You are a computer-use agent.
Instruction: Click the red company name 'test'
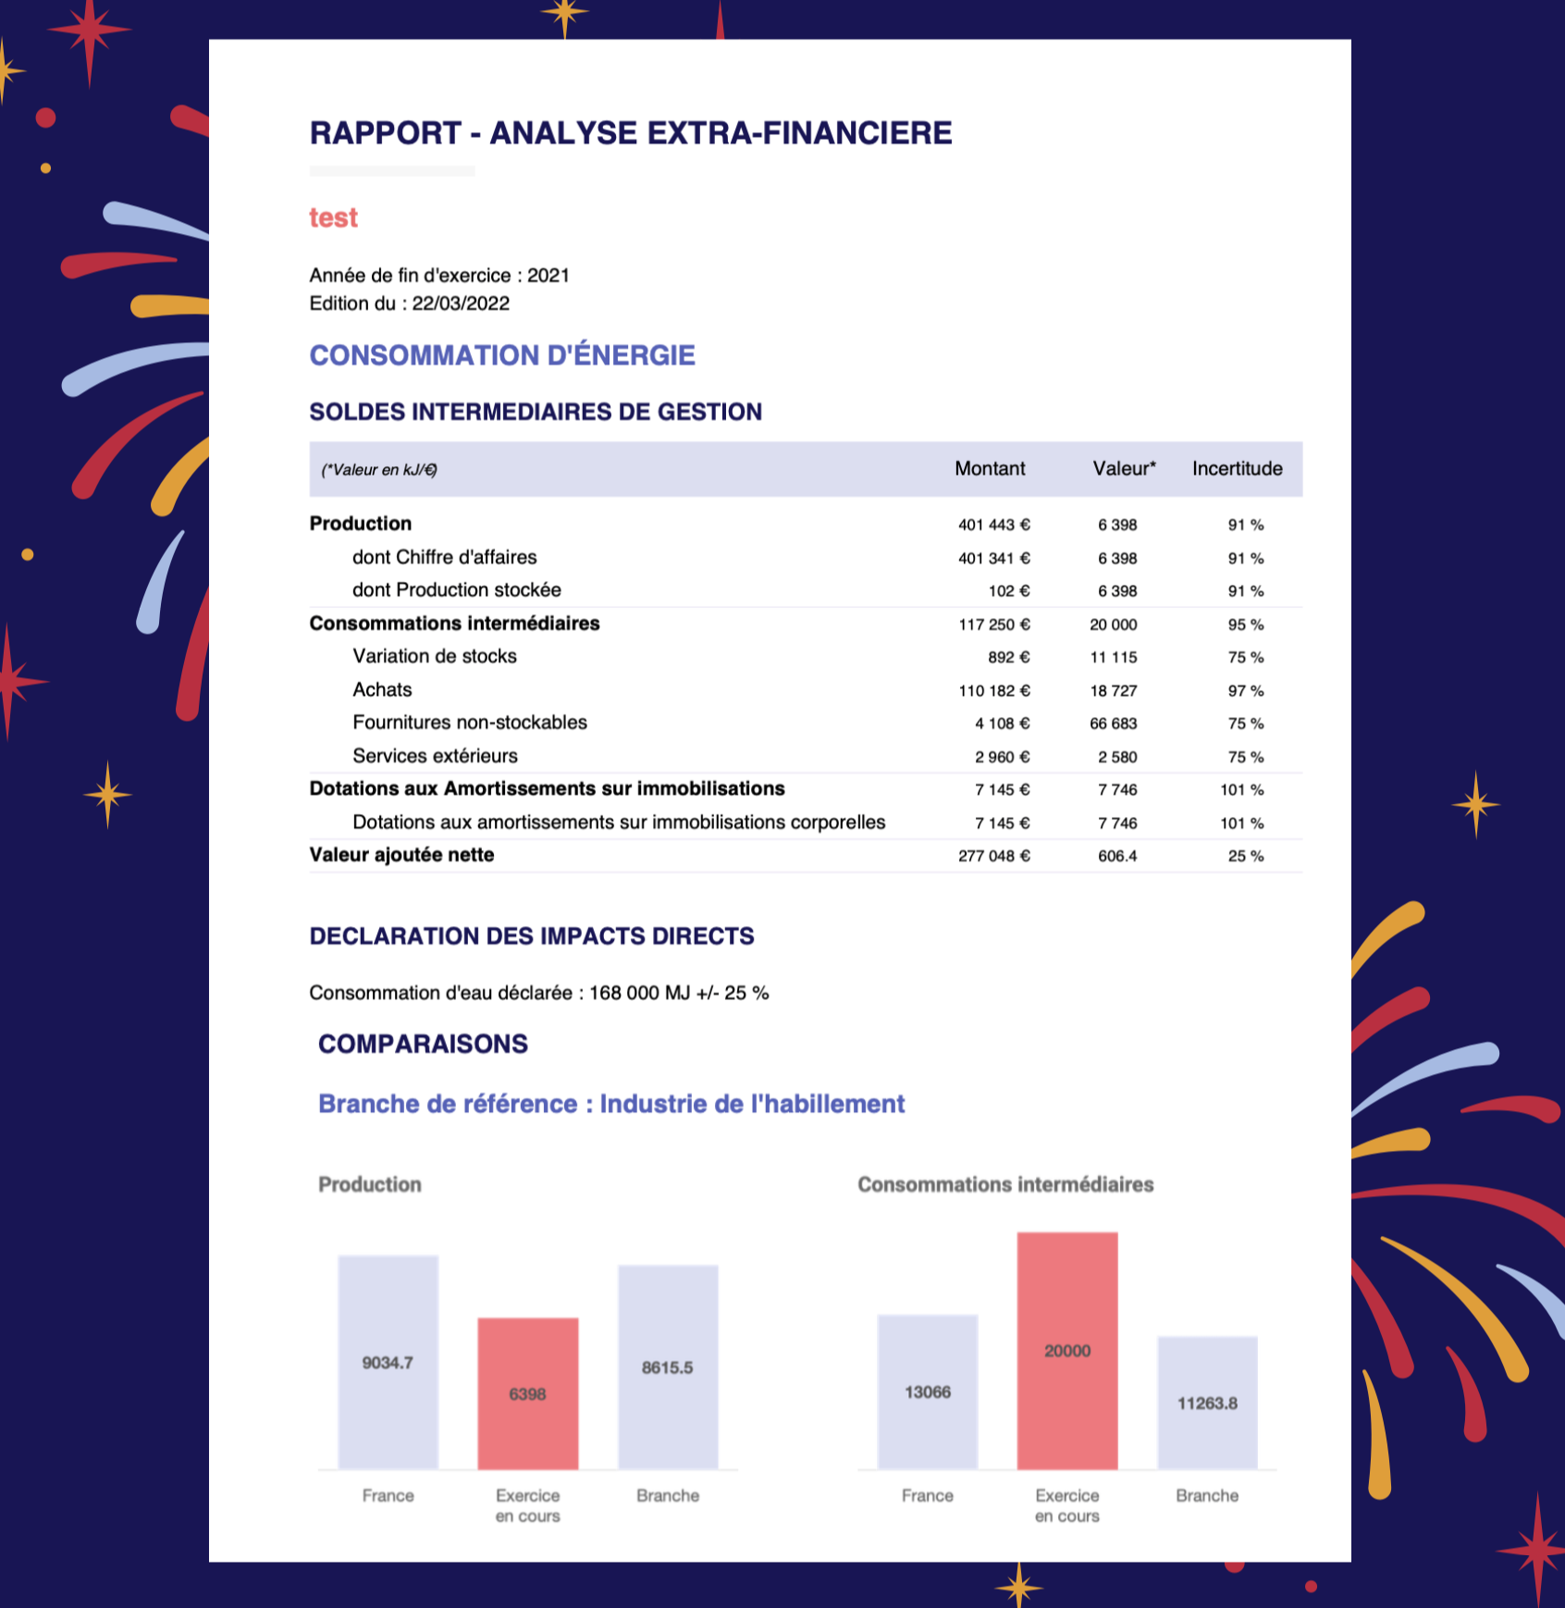(333, 217)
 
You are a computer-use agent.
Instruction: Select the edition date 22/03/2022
(461, 303)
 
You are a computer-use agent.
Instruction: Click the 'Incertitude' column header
(1237, 469)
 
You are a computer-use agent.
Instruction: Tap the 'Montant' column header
(990, 469)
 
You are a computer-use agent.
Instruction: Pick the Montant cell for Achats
(994, 691)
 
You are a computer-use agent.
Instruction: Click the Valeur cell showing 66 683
(1114, 724)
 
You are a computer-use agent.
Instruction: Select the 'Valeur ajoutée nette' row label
(401, 855)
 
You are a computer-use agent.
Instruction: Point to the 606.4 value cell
(1117, 857)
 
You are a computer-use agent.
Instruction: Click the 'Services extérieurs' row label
(435, 756)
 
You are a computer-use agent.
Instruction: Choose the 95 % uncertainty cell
(1246, 625)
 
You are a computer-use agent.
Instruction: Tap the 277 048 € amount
(994, 857)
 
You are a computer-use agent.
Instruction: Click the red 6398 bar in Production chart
(528, 1393)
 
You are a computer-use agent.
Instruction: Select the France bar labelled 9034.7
(388, 1362)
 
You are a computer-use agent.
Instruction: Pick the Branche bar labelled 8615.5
(668, 1367)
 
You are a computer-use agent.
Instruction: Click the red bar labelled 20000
(1067, 1351)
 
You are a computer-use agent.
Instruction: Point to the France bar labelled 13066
(928, 1392)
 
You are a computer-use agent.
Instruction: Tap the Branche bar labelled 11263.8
(1208, 1403)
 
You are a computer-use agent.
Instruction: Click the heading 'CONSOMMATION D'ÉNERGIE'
(502, 355)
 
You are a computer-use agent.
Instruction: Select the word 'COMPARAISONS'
(424, 1044)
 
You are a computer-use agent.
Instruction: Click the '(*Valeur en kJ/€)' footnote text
(379, 470)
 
